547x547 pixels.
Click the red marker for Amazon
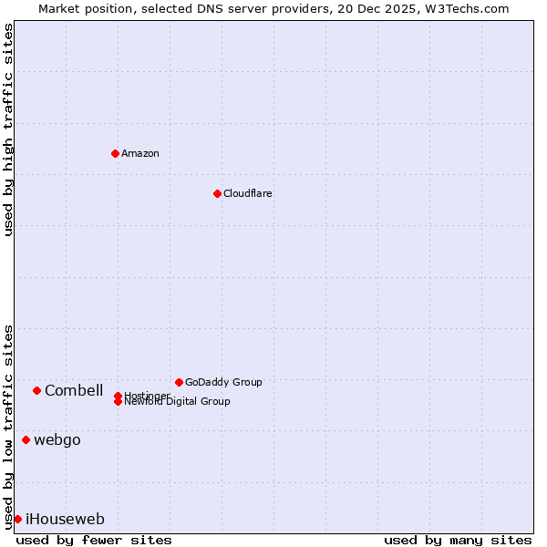pyautogui.click(x=115, y=153)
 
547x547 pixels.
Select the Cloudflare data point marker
pyautogui.click(x=217, y=193)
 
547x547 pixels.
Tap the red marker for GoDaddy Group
pyautogui.click(x=179, y=382)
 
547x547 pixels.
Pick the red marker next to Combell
pyautogui.click(x=36, y=390)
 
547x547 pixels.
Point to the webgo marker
pyautogui.click(x=26, y=439)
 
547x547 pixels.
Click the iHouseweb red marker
pyautogui.click(x=17, y=519)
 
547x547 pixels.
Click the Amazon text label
pyautogui.click(x=140, y=153)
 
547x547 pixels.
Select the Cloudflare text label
pyautogui.click(x=248, y=193)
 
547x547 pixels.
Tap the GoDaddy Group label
pyautogui.click(x=223, y=382)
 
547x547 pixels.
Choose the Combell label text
pyautogui.click(x=74, y=390)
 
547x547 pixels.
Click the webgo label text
pyautogui.click(x=57, y=439)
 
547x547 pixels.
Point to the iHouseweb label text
pyautogui.click(x=65, y=519)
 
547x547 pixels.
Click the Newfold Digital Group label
pyautogui.click(x=178, y=402)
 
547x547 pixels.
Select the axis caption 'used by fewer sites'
pyautogui.click(x=94, y=540)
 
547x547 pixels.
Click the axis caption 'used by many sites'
pyautogui.click(x=458, y=540)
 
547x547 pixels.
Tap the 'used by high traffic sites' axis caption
pyautogui.click(x=9, y=129)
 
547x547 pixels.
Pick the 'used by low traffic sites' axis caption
pyautogui.click(x=9, y=426)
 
